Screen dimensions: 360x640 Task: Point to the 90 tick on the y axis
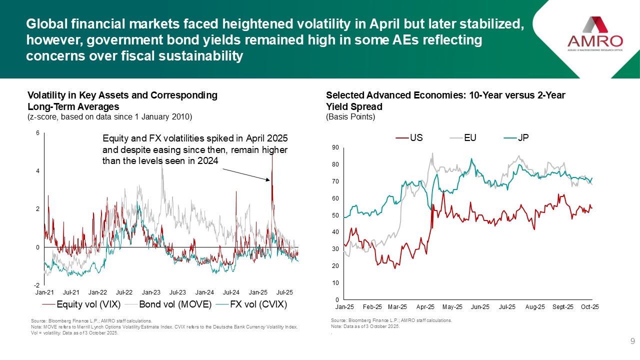(x=335, y=147)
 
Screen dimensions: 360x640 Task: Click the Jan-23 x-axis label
(x=151, y=291)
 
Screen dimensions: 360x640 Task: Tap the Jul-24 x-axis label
(x=231, y=291)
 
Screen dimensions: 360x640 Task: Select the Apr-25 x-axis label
(x=425, y=306)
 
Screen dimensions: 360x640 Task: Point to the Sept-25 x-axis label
(x=563, y=306)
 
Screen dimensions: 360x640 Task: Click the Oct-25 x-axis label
(x=590, y=306)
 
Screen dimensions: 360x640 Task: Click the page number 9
(x=632, y=341)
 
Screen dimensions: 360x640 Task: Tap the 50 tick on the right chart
(x=335, y=215)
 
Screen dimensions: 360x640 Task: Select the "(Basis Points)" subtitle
(x=350, y=117)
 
